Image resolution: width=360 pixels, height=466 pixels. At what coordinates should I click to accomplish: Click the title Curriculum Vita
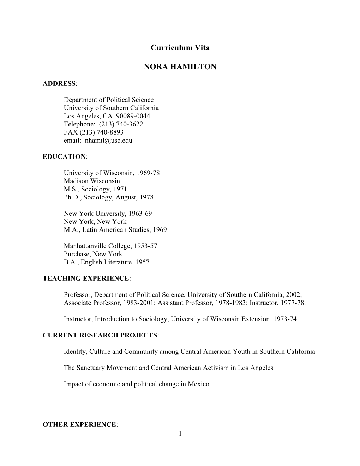coord(180,48)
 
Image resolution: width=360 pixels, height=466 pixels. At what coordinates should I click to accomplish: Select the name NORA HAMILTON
coord(180,67)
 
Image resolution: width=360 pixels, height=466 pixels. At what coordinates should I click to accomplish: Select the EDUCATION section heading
coord(64,157)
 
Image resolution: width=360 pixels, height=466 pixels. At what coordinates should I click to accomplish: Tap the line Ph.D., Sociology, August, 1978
coord(108,197)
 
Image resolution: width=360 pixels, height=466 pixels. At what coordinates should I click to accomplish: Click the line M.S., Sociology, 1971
coord(95,189)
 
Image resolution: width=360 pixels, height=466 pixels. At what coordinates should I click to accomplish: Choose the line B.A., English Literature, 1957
coord(106,262)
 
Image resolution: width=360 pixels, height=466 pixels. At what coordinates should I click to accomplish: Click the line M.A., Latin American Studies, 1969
coord(115,230)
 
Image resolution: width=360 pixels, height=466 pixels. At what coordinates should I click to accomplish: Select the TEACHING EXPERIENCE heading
coord(86,279)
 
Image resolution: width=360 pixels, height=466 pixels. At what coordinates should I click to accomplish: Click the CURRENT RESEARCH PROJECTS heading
coord(100,335)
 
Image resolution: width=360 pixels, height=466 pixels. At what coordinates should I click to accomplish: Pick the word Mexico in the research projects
coord(199,384)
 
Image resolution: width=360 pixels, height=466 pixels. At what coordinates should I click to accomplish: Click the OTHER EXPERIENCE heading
coord(79,425)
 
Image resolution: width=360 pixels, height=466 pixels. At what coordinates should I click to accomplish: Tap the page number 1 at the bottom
coord(180,433)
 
